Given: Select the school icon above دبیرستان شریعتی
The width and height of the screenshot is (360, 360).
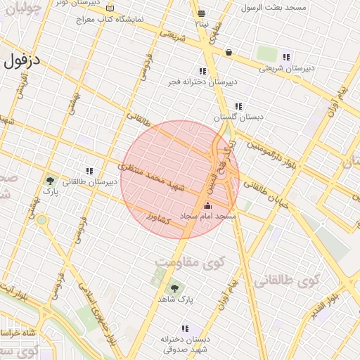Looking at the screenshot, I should click(x=285, y=57).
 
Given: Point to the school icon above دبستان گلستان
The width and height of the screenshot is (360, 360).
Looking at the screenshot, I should click(x=238, y=107).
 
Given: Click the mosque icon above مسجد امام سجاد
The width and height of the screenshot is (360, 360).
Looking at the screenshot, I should click(x=207, y=206).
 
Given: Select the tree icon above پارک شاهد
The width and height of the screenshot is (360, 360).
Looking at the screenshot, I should click(x=174, y=288).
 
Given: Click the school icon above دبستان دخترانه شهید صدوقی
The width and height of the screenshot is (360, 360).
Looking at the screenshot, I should click(x=185, y=328).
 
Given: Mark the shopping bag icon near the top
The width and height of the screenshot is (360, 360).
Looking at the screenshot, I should click(x=229, y=52).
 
